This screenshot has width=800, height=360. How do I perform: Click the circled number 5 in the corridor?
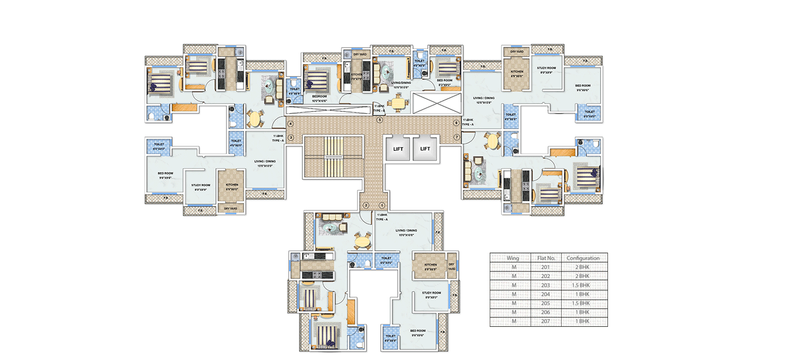pyautogui.click(x=379, y=120)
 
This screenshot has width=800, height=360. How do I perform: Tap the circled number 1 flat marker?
pyautogui.click(x=382, y=206)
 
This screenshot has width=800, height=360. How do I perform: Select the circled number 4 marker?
pyautogui.click(x=290, y=123)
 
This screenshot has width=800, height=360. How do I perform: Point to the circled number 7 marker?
pyautogui.click(x=457, y=137)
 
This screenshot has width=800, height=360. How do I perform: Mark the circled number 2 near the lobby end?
pyautogui.click(x=366, y=206)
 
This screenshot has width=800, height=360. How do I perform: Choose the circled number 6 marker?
pyautogui.click(x=456, y=123)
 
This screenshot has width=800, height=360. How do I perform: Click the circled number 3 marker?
pyautogui.click(x=290, y=137)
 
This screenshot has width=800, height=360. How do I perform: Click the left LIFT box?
pyautogui.click(x=398, y=149)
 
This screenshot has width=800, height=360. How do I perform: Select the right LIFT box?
pyautogui.click(x=425, y=149)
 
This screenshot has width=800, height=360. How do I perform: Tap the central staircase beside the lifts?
pyautogui.click(x=333, y=156)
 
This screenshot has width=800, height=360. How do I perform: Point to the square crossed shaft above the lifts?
pyautogui.click(x=435, y=103)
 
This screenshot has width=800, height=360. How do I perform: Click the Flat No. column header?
pyautogui.click(x=546, y=258)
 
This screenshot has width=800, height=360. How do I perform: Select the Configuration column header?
pyautogui.click(x=583, y=258)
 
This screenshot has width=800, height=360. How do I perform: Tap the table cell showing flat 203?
pyautogui.click(x=546, y=285)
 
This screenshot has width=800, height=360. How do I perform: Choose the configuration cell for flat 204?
pyautogui.click(x=583, y=294)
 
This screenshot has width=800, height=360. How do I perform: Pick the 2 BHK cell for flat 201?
pyautogui.click(x=583, y=267)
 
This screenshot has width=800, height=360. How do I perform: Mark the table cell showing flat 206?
pyautogui.click(x=546, y=313)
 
